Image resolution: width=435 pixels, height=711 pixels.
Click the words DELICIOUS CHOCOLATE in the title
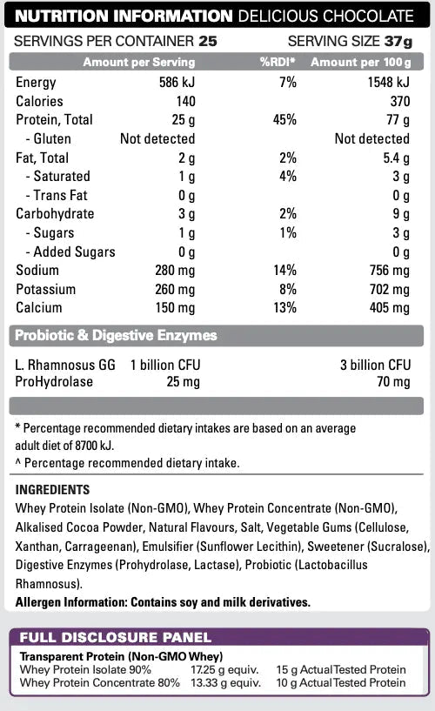click(335, 17)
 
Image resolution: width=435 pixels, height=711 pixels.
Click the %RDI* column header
click(278, 63)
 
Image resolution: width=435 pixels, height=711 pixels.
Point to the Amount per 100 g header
click(359, 63)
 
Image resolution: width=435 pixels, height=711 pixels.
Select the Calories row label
click(41, 102)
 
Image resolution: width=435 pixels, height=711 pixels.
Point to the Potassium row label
click(45, 289)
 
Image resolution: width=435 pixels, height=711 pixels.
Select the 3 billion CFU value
click(375, 366)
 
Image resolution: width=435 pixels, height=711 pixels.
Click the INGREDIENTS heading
click(53, 490)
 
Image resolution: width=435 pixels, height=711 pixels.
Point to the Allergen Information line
click(163, 601)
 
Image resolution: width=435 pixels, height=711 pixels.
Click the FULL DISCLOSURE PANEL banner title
click(115, 638)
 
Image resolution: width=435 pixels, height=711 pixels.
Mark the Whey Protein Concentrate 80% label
click(99, 682)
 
